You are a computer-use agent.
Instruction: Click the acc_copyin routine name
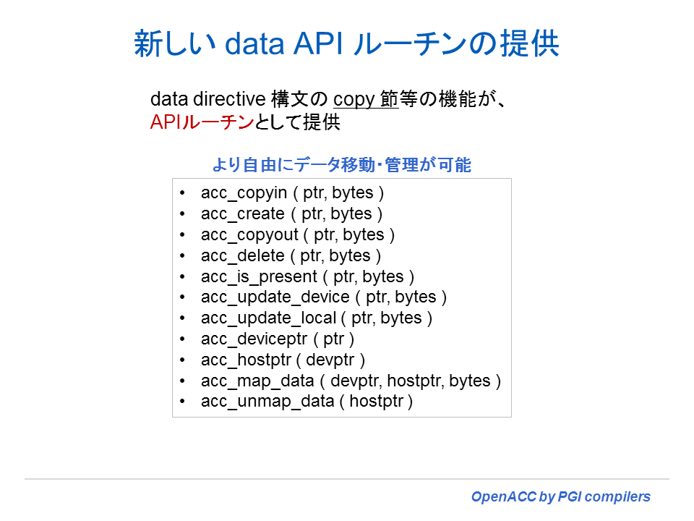point(241,193)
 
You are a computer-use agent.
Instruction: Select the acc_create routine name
point(243,214)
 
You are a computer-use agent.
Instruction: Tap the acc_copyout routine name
point(248,235)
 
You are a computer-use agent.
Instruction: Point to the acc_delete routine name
point(242,255)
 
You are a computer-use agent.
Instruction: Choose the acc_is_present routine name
point(259,276)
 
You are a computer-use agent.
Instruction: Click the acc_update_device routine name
point(275,297)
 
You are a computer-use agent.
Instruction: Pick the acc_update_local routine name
point(268,318)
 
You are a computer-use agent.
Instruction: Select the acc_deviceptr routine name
point(254,339)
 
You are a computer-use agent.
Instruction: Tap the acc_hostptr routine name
point(249,360)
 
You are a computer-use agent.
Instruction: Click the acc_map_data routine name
point(257,381)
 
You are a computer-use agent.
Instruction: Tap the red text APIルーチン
point(202,122)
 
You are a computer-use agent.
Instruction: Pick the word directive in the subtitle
point(226,100)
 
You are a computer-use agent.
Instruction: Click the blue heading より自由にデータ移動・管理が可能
point(341,166)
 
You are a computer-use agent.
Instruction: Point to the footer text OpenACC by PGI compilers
point(561,497)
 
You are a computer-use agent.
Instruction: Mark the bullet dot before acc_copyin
point(183,193)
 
